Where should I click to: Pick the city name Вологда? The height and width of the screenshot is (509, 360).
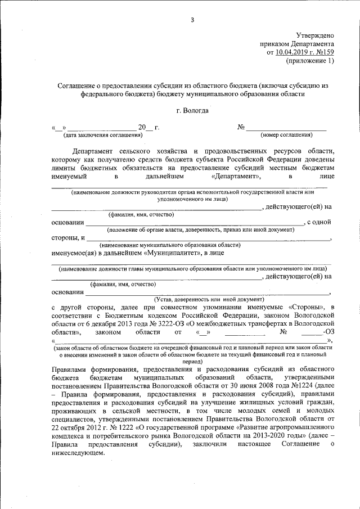[x=196, y=111]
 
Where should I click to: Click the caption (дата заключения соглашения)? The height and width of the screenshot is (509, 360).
[x=102, y=135]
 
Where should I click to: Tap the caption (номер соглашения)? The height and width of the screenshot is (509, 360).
[x=286, y=135]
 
